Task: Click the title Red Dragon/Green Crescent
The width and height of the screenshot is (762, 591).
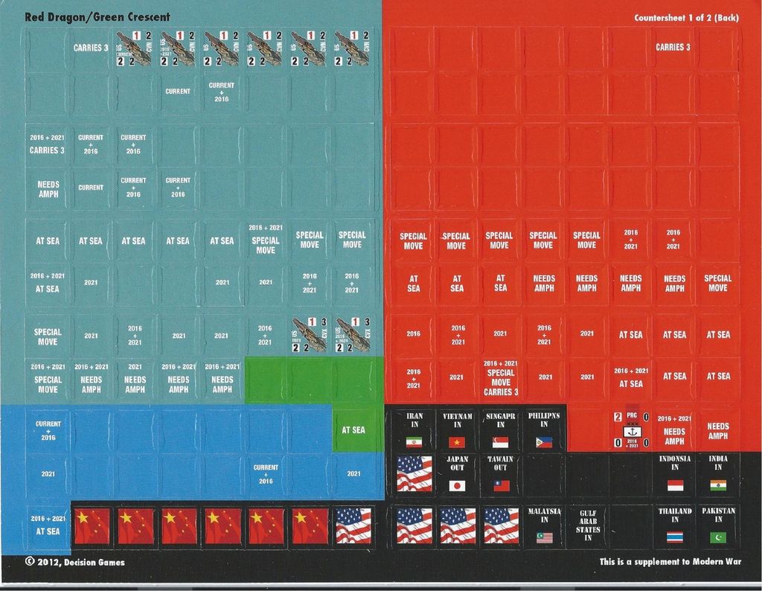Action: pyautogui.click(x=97, y=17)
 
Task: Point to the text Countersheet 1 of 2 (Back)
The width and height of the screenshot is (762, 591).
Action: pyautogui.click(x=687, y=18)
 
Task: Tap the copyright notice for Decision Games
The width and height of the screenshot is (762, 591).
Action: pyautogui.click(x=74, y=562)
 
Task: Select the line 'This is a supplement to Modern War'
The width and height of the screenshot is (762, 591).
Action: pyautogui.click(x=670, y=562)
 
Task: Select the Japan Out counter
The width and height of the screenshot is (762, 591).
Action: pyautogui.click(x=457, y=473)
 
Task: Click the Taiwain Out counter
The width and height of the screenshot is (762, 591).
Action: pyautogui.click(x=500, y=473)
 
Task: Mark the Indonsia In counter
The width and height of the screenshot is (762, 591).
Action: pyautogui.click(x=674, y=473)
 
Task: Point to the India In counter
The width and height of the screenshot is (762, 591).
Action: pyautogui.click(x=718, y=473)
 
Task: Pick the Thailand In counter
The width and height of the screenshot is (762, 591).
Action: pyautogui.click(x=674, y=525)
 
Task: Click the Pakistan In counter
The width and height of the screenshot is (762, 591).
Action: pyautogui.click(x=718, y=525)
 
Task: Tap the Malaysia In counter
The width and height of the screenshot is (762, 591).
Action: pyautogui.click(x=544, y=525)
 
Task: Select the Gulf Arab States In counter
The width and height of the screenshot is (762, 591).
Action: pyautogui.click(x=587, y=525)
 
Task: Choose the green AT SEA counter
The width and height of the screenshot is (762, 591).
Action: pyautogui.click(x=353, y=430)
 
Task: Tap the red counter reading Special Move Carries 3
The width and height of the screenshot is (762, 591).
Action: pyautogui.click(x=500, y=378)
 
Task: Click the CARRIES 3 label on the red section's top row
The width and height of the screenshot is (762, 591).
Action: pyautogui.click(x=673, y=47)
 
